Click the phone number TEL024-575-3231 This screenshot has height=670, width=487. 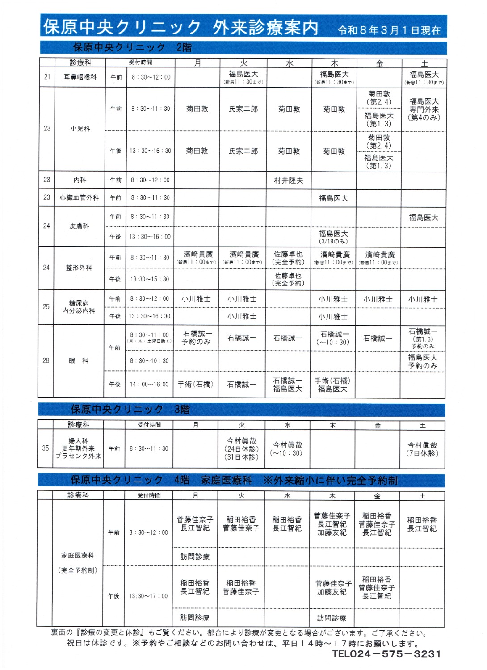[386, 654]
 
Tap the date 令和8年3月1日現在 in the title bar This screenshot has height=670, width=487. [389, 30]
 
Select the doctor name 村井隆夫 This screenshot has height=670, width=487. [289, 180]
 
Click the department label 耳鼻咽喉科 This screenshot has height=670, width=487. [80, 77]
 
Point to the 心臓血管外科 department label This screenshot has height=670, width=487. [80, 197]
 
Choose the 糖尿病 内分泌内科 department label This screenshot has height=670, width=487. [79, 307]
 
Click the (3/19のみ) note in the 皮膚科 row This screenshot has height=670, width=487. [333, 241]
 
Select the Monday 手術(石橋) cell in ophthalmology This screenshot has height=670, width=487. [195, 384]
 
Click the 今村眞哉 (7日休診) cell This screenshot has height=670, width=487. [422, 449]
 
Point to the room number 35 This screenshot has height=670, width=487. [46, 448]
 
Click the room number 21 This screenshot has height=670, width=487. [47, 77]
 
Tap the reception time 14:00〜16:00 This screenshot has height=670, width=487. [149, 384]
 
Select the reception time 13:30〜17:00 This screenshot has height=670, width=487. [148, 596]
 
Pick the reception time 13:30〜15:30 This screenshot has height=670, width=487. [150, 279]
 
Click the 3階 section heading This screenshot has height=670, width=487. [182, 410]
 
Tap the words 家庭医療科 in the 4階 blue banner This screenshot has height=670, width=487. [227, 480]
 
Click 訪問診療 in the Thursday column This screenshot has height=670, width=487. [332, 618]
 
